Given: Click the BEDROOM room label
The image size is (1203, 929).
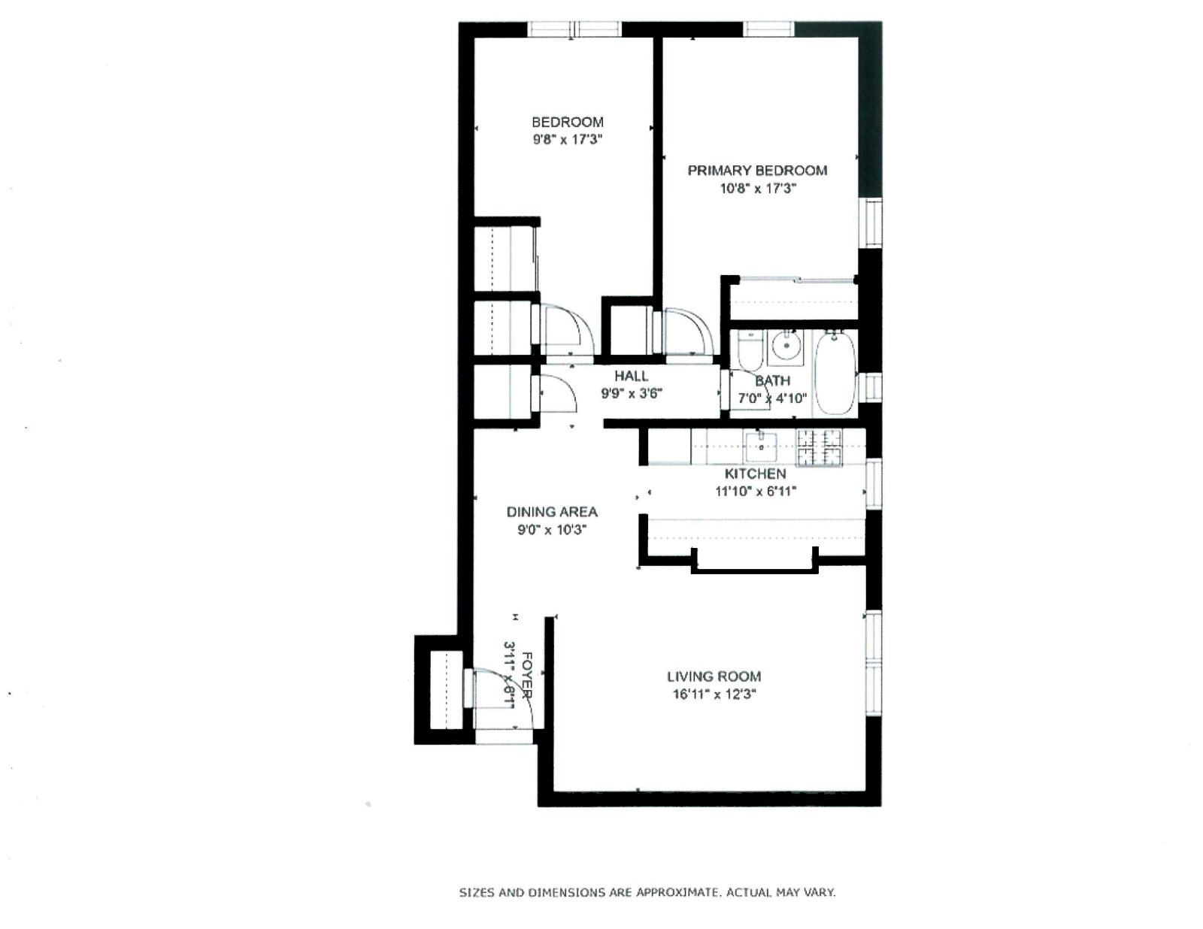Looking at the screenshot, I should coord(567,122).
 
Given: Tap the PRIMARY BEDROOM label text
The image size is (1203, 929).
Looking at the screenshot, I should coord(757,171).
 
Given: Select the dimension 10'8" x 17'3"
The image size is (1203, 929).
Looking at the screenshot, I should coord(757,189).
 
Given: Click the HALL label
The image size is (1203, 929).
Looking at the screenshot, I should coord(631,376).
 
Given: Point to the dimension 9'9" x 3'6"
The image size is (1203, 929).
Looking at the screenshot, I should coord(631,393).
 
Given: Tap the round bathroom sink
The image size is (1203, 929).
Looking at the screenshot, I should coord(787,345).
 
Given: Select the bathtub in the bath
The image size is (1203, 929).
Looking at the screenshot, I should coord(835,374).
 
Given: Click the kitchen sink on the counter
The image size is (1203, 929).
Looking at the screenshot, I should coord(762,447).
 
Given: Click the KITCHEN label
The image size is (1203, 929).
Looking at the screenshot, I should coord(755,474).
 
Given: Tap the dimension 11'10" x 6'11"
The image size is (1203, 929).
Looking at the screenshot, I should coord(755,492).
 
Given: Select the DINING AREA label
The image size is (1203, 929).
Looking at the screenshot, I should coord(552,512).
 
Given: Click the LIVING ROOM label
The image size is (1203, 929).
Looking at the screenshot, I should coord(714,676).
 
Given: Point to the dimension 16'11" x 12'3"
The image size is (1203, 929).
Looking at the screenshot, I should coord(714,694).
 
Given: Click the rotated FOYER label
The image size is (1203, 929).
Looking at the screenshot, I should coord(527,675).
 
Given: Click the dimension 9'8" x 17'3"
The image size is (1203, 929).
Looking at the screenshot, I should coord(567,140).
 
